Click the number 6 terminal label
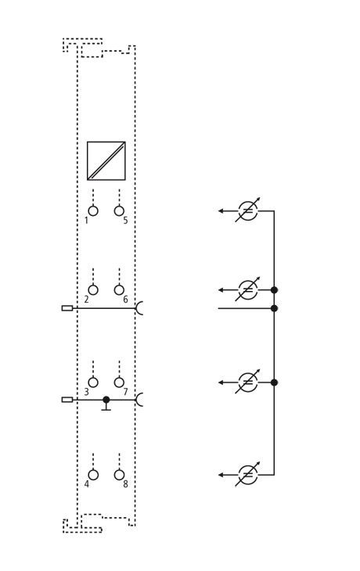[125, 300]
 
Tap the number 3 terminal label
[86, 392]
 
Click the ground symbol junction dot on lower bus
[106, 400]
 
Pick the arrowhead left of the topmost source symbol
[221, 211]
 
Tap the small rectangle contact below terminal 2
[67, 308]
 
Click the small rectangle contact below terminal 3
[67, 400]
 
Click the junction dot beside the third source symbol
[275, 382]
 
